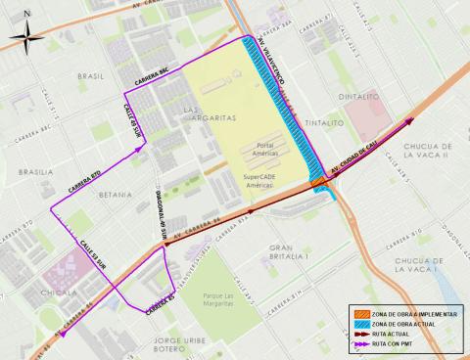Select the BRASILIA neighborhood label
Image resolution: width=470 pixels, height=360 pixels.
coord(36,171)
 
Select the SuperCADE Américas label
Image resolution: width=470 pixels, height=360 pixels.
coord(269,183)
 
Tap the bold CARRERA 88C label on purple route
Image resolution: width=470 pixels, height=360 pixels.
coord(155,82)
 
